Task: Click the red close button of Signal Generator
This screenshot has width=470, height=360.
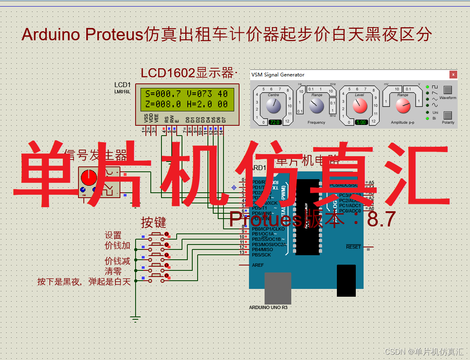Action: (453, 74)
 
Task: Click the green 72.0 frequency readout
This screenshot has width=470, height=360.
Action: (274, 122)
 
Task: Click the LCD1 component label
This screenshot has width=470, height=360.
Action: (122, 85)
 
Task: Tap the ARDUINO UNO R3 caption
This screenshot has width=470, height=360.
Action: (268, 307)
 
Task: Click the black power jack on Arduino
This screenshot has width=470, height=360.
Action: (346, 280)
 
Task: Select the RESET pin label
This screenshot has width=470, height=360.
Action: (353, 247)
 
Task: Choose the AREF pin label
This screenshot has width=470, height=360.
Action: (258, 265)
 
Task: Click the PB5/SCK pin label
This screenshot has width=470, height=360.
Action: (261, 255)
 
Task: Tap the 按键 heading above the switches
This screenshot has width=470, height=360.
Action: (154, 222)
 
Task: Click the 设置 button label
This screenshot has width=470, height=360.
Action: (113, 235)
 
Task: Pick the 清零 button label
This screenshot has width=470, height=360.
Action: (113, 271)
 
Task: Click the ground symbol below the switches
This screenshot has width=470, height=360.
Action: (135, 318)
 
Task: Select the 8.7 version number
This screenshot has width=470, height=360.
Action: (381, 219)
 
